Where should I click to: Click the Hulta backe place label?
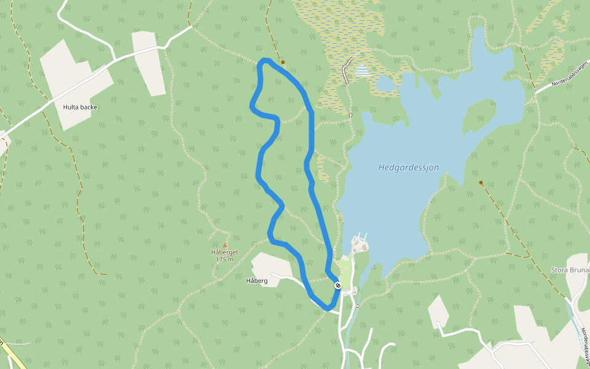tap(80, 107)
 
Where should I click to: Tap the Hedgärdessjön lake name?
tap(408, 167)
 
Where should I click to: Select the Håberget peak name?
tap(224, 252)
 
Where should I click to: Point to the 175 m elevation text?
tap(224, 260)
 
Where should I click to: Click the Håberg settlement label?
tap(256, 281)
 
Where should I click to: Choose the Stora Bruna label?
tap(570, 270)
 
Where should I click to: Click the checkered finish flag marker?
tap(338, 285)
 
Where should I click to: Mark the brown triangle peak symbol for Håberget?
tap(224, 245)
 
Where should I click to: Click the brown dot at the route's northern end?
tap(283, 62)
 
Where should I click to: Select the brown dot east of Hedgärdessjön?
tap(481, 183)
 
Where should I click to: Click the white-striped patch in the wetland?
tap(363, 71)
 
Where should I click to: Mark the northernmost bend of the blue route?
tap(265, 60)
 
